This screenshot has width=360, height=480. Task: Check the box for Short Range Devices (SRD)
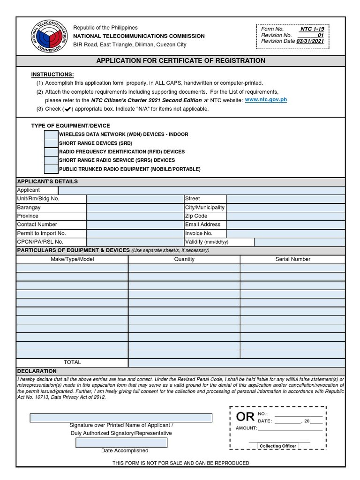coord(51,143)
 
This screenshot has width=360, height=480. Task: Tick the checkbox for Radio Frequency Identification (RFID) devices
coord(51,152)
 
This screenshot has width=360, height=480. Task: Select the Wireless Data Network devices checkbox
coord(51,135)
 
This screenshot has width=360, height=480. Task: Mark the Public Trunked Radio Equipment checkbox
coord(51,169)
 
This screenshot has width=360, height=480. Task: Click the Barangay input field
coord(135,208)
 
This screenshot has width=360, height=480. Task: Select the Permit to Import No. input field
coord(135,233)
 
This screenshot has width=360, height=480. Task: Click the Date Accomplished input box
coord(121,442)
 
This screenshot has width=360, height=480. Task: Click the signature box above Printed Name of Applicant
coord(121,418)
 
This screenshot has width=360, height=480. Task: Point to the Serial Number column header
coord(292,259)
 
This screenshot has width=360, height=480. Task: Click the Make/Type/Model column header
coord(72,259)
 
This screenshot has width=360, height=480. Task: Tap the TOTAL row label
coord(72,362)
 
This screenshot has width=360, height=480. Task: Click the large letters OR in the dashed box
coord(245,417)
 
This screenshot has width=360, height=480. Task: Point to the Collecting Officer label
coord(278,446)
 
